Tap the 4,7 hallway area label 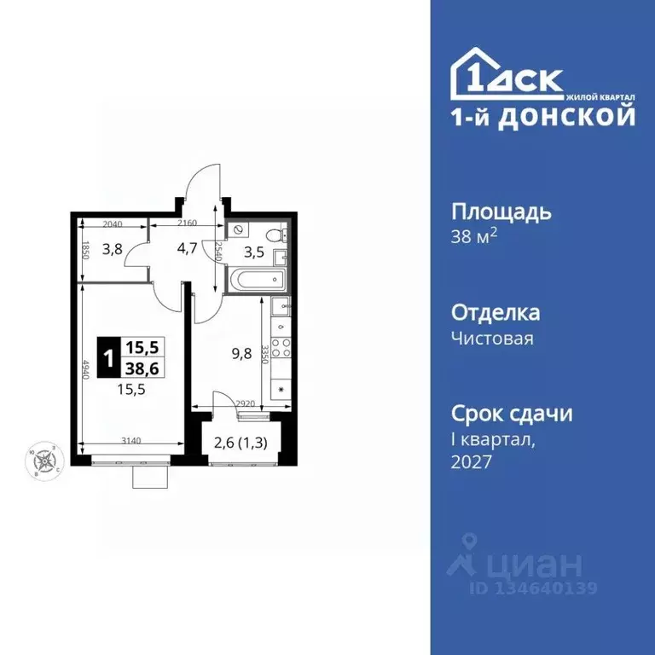(186, 250)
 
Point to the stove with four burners (281, 350)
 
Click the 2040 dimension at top (113, 223)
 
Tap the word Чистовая (492, 339)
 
